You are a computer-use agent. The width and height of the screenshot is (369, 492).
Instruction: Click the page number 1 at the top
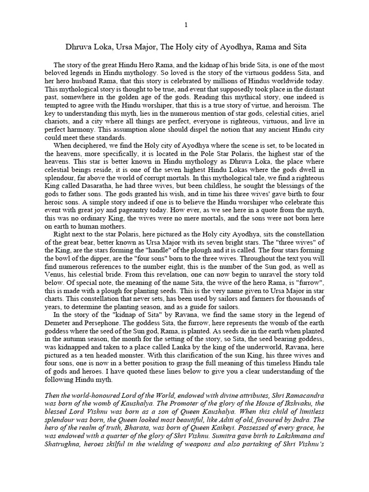coord(184,25)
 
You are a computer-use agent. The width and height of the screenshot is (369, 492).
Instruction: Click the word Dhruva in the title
coord(78,48)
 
